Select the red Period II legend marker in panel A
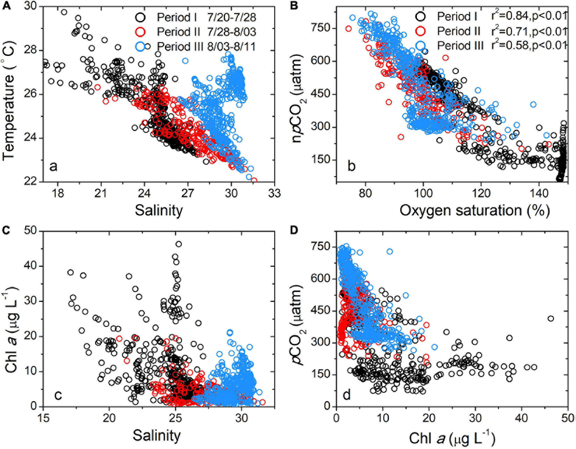141,32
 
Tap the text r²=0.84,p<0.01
528,16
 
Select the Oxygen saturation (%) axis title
474,210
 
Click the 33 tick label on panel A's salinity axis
274,193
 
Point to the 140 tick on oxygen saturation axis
539,193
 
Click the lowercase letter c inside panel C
58,394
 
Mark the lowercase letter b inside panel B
351,166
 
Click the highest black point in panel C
178,244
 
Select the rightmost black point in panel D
550,318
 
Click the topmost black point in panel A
64,12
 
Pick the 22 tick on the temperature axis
31,182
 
